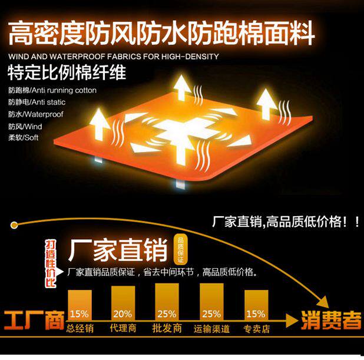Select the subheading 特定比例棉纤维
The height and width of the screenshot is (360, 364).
coord(66,74)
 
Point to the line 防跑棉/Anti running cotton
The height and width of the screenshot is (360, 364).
coord(52,91)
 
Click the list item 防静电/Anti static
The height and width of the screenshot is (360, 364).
coord(37,103)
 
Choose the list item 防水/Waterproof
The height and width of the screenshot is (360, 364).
coord(35,114)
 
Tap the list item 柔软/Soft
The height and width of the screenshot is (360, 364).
coord(23,137)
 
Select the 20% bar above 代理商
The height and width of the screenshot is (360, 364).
coord(123,304)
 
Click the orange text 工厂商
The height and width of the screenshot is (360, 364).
coord(33,322)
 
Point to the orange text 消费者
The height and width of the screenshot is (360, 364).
coord(331,321)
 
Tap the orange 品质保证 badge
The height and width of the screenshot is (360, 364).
coord(180,249)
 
